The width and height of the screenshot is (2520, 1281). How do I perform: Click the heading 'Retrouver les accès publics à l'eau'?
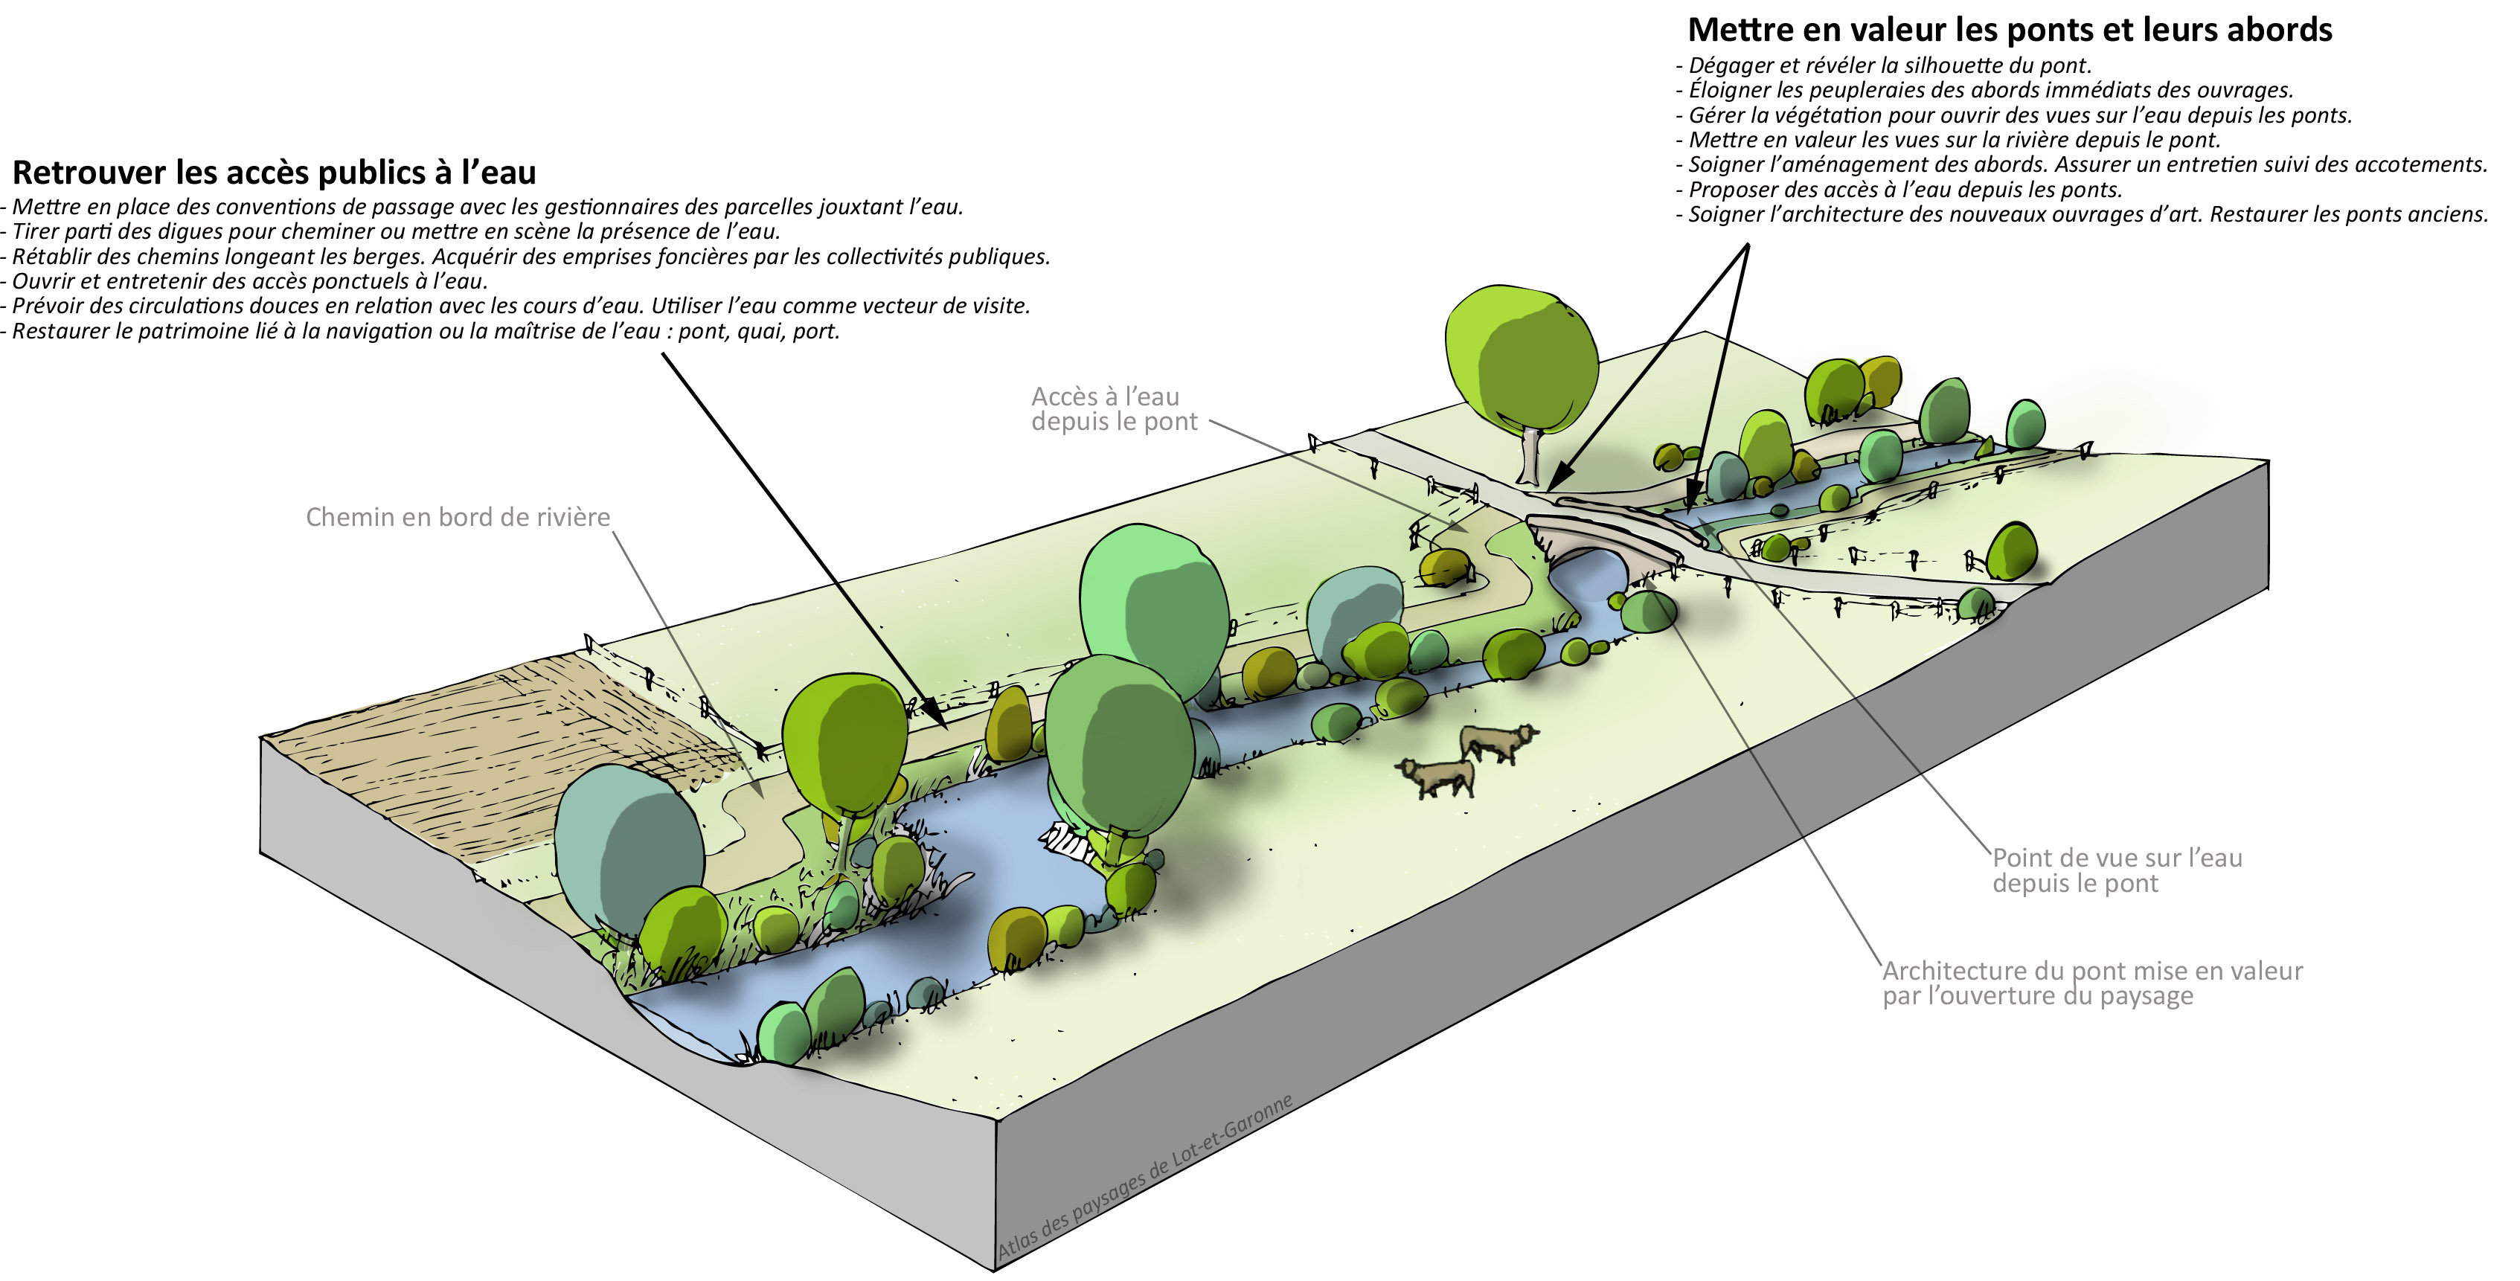click(x=274, y=173)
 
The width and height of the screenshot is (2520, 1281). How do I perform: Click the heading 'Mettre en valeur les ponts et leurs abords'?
click(x=2010, y=30)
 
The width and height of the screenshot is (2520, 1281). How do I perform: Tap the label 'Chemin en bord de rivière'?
click(x=458, y=517)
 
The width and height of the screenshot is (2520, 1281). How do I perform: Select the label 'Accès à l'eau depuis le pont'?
click(x=1113, y=408)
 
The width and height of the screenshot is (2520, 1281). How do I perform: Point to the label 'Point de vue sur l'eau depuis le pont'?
click(x=2117, y=870)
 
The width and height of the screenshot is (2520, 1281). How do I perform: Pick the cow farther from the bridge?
click(x=1437, y=777)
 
